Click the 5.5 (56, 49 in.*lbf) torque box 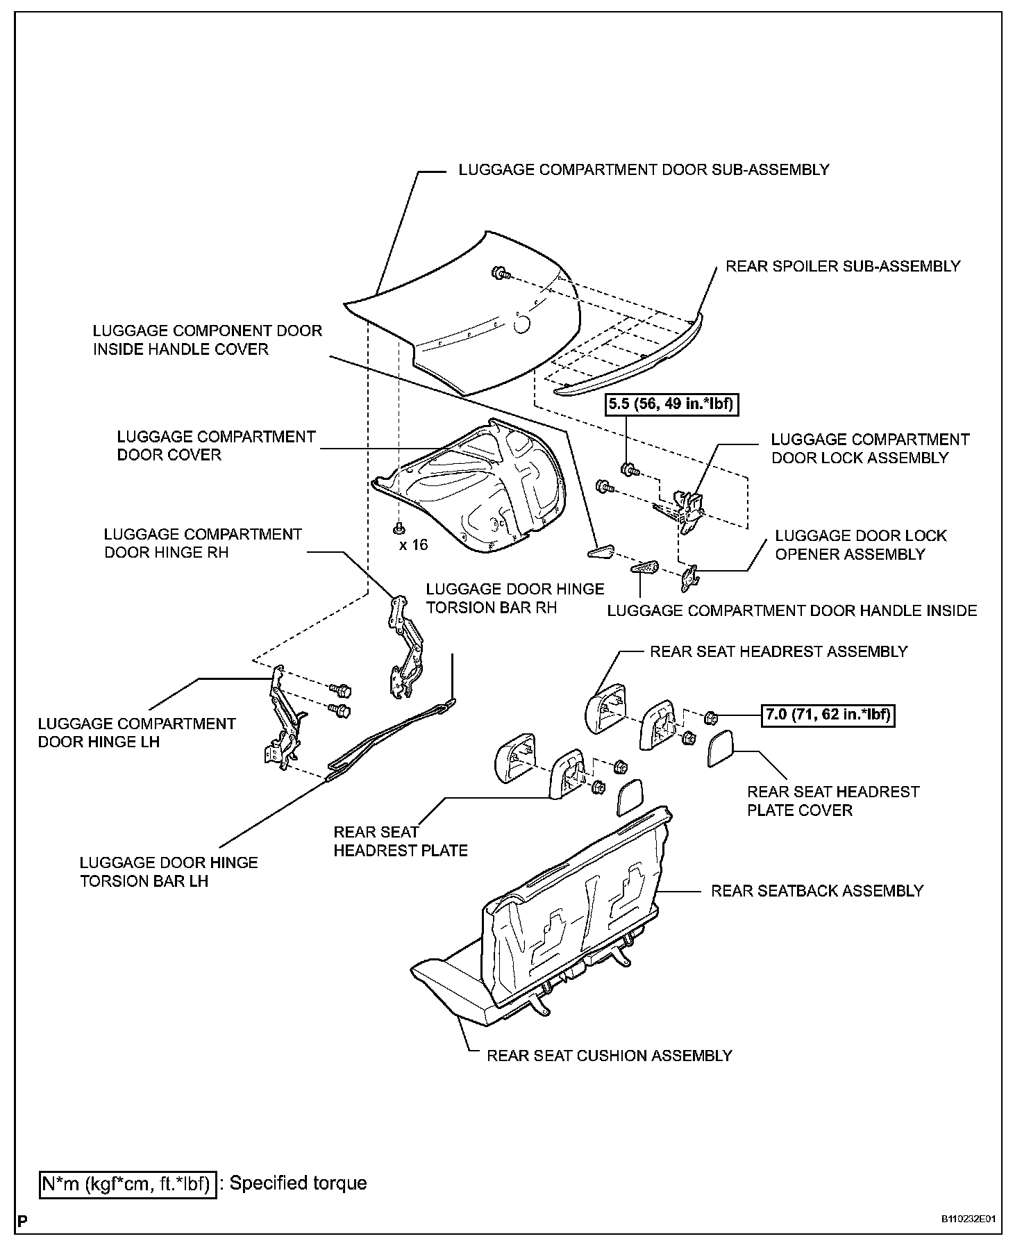pyautogui.click(x=671, y=403)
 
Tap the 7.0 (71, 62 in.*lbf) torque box pyautogui.click(x=828, y=715)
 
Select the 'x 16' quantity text pyautogui.click(x=414, y=544)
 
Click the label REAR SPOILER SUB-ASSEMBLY pyautogui.click(x=843, y=266)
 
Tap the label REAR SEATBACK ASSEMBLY pyautogui.click(x=817, y=891)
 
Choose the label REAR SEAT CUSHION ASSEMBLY pyautogui.click(x=609, y=1056)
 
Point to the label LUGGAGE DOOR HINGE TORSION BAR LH pyautogui.click(x=168, y=872)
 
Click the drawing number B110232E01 pyautogui.click(x=969, y=1219)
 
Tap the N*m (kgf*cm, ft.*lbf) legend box pyautogui.click(x=126, y=1183)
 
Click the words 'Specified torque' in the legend pyautogui.click(x=298, y=1183)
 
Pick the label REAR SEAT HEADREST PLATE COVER pyautogui.click(x=832, y=801)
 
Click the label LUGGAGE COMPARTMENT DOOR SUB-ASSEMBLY pyautogui.click(x=644, y=169)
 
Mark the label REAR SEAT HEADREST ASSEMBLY pyautogui.click(x=778, y=651)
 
